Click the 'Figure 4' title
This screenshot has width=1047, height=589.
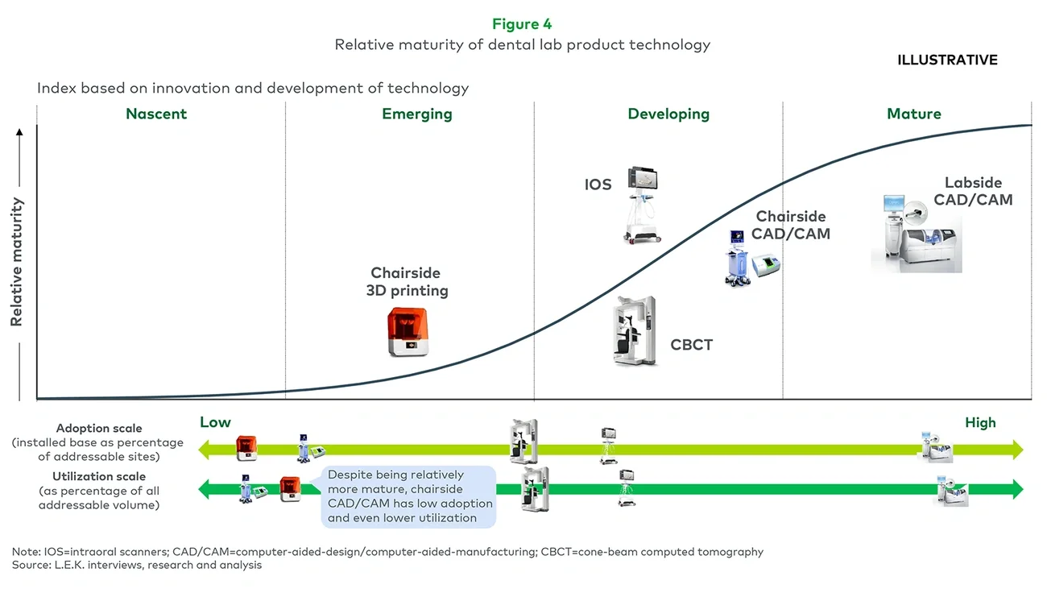tap(522, 24)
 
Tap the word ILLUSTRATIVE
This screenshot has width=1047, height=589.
tap(947, 60)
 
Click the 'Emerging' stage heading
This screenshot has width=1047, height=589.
tap(416, 114)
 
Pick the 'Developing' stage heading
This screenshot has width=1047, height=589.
tap(668, 114)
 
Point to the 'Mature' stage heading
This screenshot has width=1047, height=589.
tap(913, 114)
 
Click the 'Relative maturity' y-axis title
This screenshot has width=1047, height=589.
tap(17, 262)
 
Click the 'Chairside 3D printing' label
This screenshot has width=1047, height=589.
tap(407, 282)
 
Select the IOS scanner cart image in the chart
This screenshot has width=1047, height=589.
tap(643, 204)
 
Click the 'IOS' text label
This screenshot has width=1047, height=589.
tap(598, 185)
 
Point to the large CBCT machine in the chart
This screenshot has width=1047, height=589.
tap(634, 331)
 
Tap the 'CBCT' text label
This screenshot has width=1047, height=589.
tap(691, 346)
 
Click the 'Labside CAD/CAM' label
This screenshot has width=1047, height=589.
tap(973, 192)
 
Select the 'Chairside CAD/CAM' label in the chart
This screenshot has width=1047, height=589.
tap(791, 226)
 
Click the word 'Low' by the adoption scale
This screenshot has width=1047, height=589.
tap(215, 423)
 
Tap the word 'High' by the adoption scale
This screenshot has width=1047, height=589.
tap(980, 423)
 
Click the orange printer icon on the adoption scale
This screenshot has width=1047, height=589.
tap(246, 448)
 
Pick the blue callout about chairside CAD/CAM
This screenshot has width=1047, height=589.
tap(409, 496)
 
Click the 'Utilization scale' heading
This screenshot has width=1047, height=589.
tap(98, 477)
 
